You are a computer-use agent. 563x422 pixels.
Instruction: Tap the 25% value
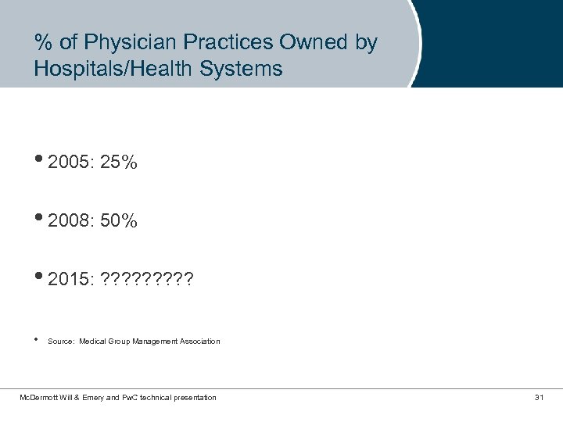(119, 163)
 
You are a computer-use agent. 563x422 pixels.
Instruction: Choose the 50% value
(119, 221)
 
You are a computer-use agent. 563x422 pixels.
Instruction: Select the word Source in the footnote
(59, 342)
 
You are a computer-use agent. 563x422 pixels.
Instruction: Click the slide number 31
(539, 398)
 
